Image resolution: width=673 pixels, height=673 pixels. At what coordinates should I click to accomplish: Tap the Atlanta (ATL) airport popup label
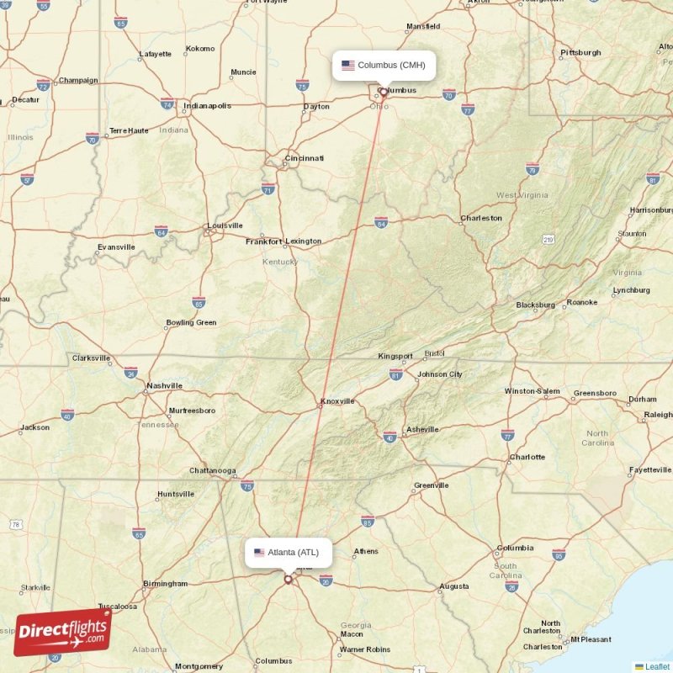(289, 552)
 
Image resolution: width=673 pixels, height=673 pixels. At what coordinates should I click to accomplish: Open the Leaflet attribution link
(657, 666)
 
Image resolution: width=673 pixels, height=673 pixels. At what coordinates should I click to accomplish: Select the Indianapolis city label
(207, 106)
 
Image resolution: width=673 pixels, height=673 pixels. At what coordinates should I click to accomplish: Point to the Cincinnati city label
(304, 158)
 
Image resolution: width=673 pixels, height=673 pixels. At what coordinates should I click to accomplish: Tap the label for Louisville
(225, 225)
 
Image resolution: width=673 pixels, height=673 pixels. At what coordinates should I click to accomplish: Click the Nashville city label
(164, 386)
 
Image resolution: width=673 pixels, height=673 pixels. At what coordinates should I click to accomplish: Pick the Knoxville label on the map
(337, 402)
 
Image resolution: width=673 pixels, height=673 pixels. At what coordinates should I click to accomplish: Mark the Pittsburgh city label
(580, 53)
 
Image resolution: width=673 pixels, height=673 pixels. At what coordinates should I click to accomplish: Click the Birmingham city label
(165, 584)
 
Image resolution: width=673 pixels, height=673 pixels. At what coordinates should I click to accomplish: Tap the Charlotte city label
(527, 458)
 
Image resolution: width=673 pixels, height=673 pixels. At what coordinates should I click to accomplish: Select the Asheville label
(421, 430)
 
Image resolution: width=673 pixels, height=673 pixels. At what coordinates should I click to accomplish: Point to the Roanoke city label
(582, 303)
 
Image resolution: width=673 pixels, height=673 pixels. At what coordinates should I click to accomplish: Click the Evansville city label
(116, 247)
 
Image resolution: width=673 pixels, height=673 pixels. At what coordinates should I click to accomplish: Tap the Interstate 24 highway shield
(131, 371)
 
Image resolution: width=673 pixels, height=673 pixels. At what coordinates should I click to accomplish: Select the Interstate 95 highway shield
(559, 555)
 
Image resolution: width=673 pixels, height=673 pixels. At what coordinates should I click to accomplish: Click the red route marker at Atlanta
(288, 579)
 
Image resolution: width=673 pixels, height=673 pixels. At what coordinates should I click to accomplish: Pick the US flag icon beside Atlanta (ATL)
(259, 553)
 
